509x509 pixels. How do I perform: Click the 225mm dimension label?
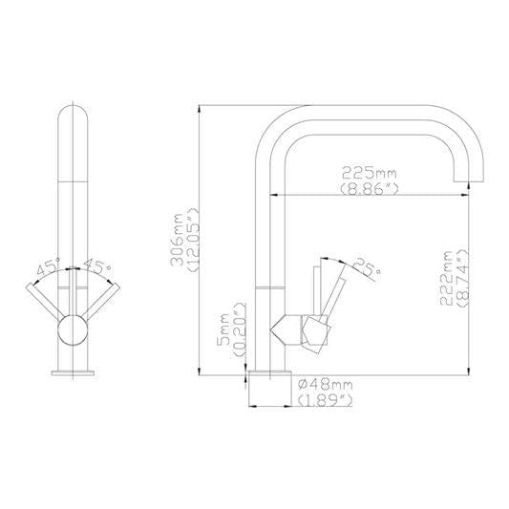[369, 173]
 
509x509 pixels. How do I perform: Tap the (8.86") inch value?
[369, 190]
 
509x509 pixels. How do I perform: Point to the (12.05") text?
[192, 241]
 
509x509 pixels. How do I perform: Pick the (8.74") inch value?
[463, 277]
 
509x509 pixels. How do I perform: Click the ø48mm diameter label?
[326, 384]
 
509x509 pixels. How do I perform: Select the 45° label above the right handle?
[95, 267]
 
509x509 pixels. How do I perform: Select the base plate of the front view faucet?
[71, 372]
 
